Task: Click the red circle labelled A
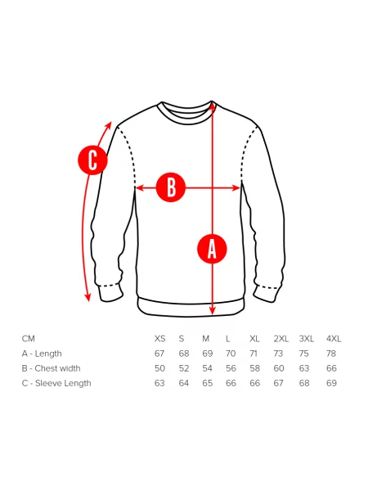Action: coord(212,249)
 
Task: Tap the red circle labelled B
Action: coord(171,187)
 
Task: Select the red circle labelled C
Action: coord(92,160)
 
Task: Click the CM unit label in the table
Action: coord(29,339)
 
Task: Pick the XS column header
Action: coord(160,339)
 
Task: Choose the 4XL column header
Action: coord(334,339)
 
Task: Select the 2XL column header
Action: coord(281,339)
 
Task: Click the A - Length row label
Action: coord(42,354)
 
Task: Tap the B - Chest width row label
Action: coord(51,368)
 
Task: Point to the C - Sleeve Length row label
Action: coord(56,383)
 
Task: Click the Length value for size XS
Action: coord(159,354)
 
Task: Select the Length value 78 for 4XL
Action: coord(331,354)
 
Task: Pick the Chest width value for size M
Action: coord(207,368)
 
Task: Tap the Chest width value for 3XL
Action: coord(304,368)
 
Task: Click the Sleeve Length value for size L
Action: coord(231,383)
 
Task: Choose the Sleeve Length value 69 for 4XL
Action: coord(331,383)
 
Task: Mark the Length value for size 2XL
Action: coord(278,354)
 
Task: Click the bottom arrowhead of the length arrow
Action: coord(213,310)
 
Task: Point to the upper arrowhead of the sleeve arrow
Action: coord(108,125)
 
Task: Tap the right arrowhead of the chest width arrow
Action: coord(236,188)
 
